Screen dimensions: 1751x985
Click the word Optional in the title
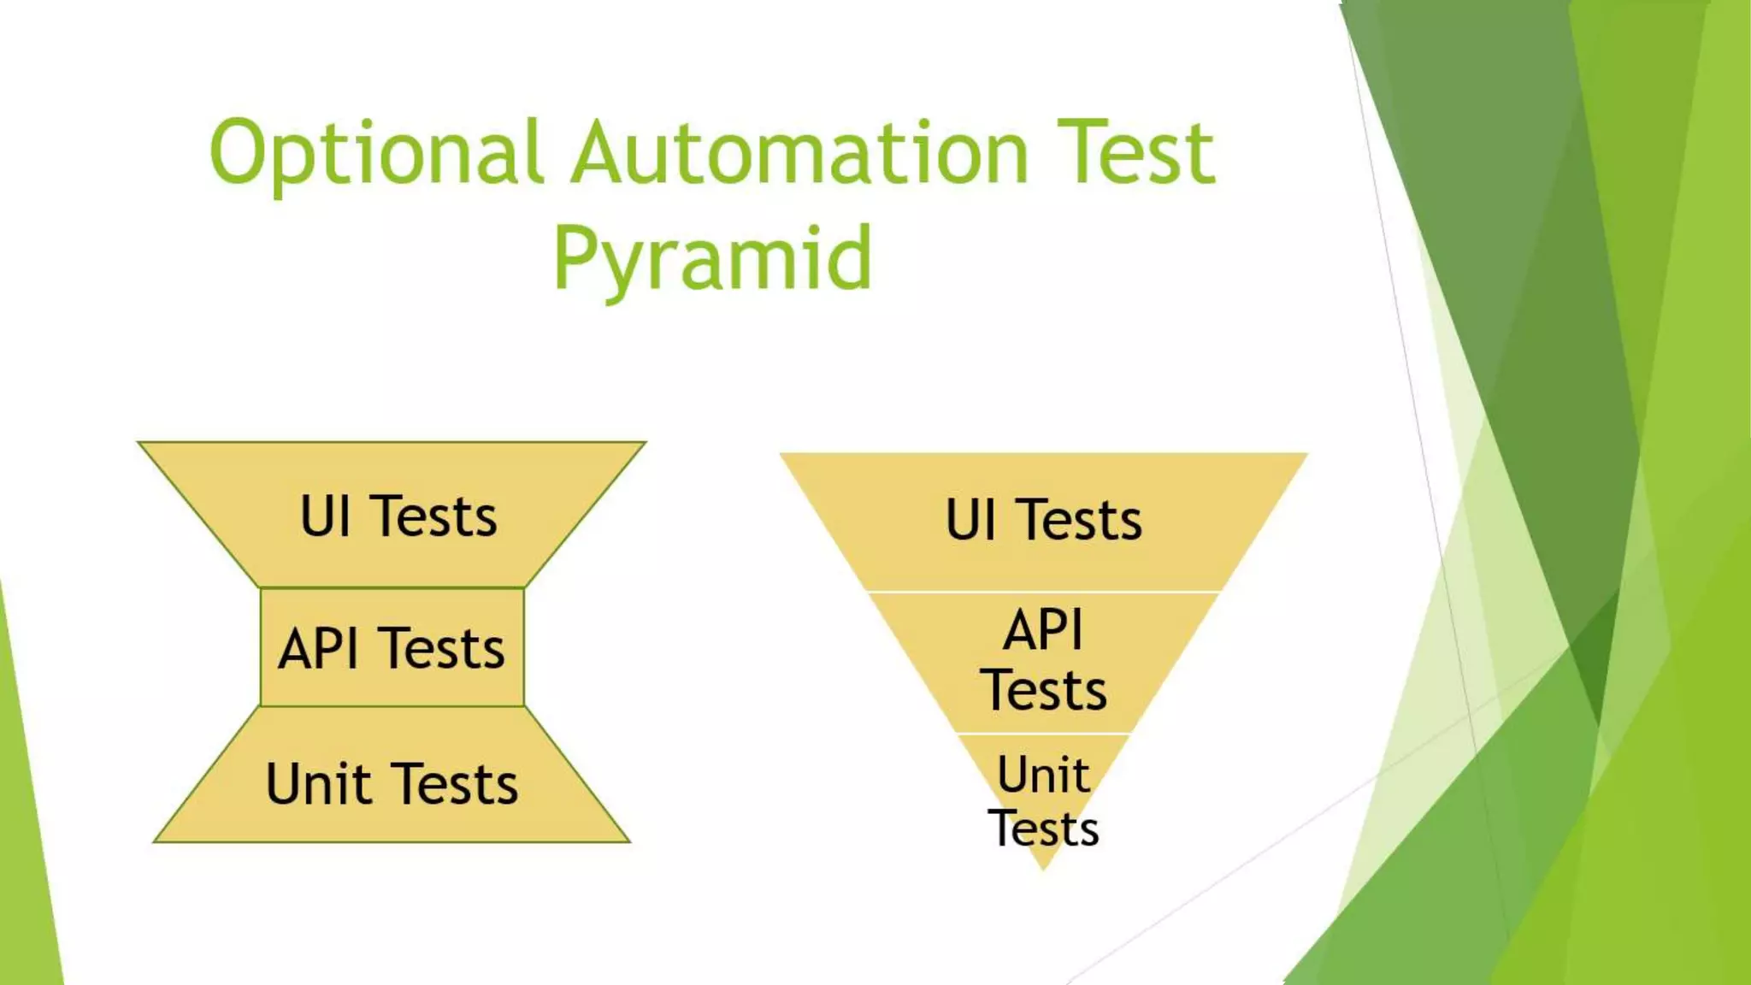pyautogui.click(x=376, y=154)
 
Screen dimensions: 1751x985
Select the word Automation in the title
pyautogui.click(x=799, y=154)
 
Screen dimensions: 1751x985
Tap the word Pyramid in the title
pyautogui.click(x=712, y=259)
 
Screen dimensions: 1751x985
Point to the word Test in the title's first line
pyautogui.click(x=1135, y=154)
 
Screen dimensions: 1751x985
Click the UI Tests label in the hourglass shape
pyautogui.click(x=398, y=516)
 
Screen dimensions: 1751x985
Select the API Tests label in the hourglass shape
pyautogui.click(x=392, y=648)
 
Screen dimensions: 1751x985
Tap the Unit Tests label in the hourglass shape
pyautogui.click(x=392, y=784)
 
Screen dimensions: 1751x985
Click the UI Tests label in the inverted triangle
pyautogui.click(x=1043, y=520)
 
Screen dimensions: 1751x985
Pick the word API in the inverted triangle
pyautogui.click(x=1043, y=630)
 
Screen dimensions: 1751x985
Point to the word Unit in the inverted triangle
pyautogui.click(x=1043, y=775)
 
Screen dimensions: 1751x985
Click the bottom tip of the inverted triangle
pyautogui.click(x=1043, y=867)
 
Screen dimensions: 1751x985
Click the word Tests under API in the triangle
pyautogui.click(x=1043, y=691)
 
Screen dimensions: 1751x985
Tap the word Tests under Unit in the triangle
pyautogui.click(x=1043, y=828)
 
